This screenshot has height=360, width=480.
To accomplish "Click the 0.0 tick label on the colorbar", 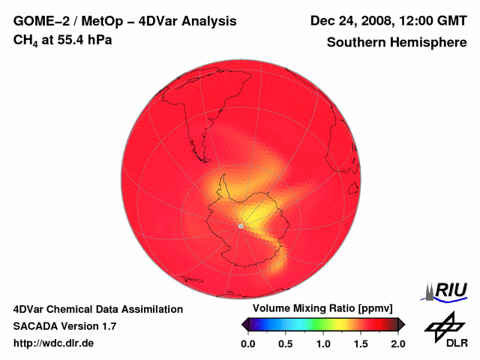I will (247, 344).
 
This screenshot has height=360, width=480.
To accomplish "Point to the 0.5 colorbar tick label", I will (285, 344).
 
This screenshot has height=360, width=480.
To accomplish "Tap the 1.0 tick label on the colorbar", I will (323, 344).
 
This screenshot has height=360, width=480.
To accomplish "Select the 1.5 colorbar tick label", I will (361, 344).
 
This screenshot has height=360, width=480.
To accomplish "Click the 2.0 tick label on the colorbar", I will (398, 344).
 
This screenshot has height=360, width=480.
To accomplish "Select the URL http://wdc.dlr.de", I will (54, 343).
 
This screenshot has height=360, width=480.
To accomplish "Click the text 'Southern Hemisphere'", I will (397, 42).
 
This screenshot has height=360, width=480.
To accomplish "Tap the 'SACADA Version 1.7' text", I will (64, 326).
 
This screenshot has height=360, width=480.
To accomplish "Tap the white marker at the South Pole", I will (240, 225).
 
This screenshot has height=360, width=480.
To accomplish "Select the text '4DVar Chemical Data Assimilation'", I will (98, 309).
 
